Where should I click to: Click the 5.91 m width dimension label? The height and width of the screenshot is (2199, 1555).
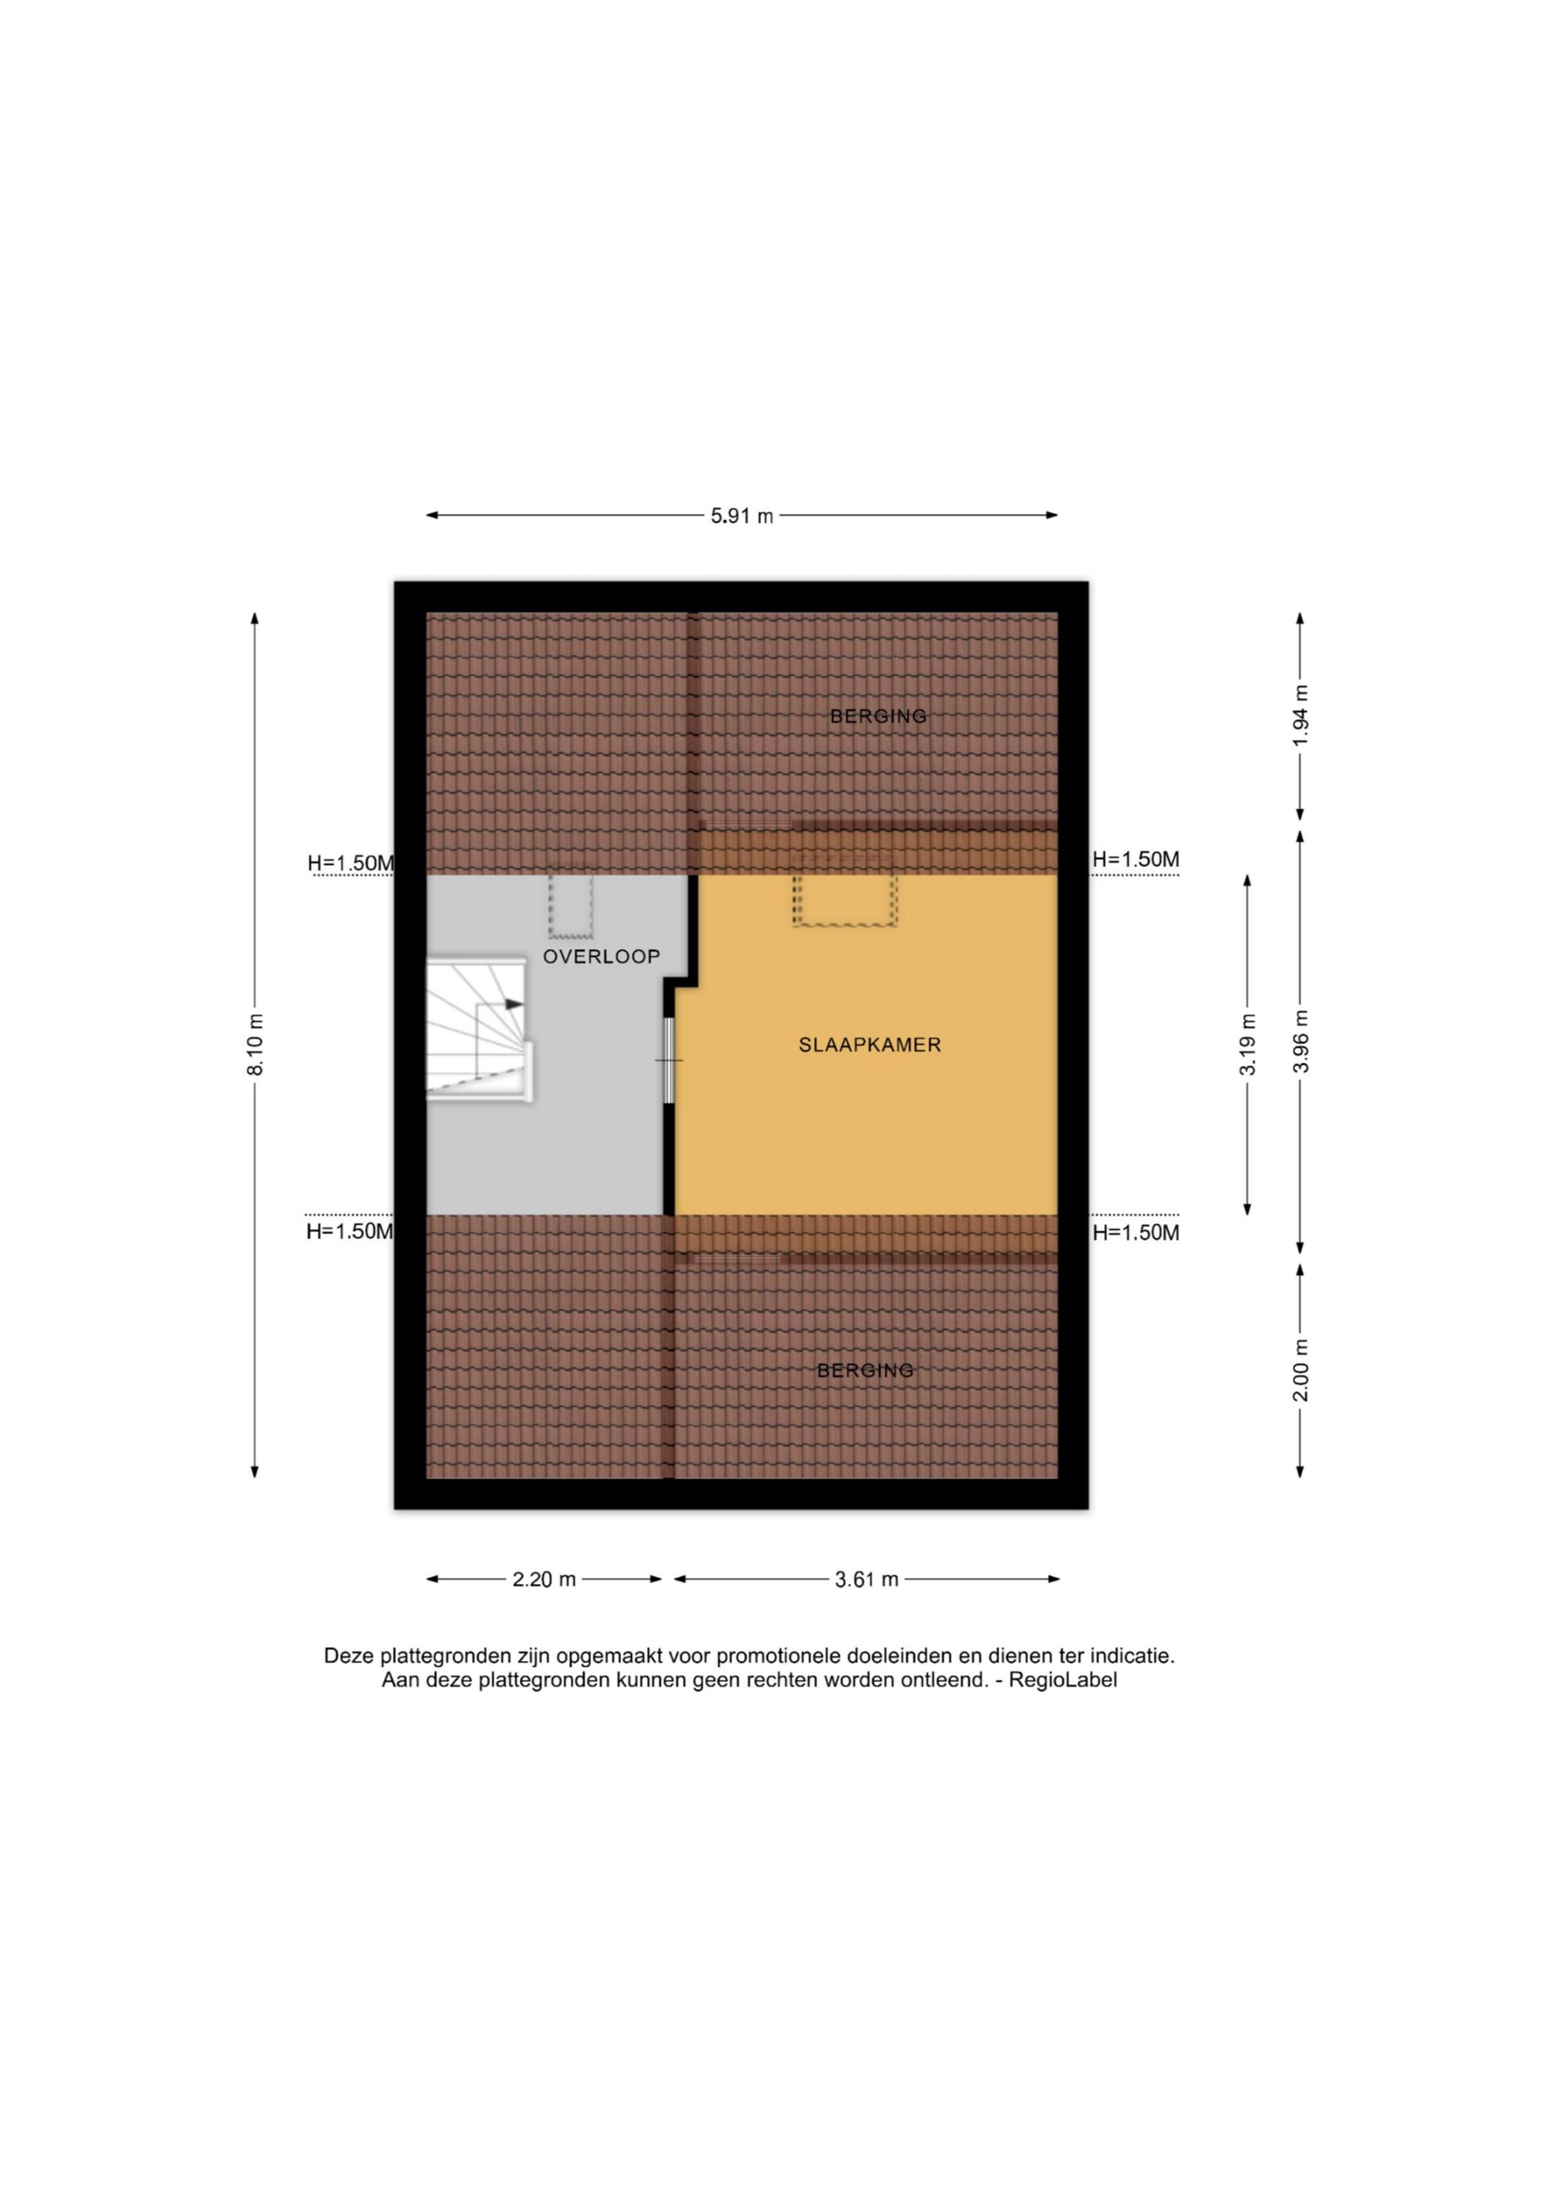click(741, 515)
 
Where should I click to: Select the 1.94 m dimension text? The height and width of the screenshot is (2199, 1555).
click(1299, 717)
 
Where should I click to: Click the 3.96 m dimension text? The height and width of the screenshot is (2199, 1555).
click(1299, 1042)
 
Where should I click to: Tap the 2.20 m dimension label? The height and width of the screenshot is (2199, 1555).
click(544, 1579)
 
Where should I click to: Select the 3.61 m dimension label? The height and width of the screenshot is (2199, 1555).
click(866, 1579)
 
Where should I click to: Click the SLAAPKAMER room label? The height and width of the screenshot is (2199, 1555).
click(869, 1045)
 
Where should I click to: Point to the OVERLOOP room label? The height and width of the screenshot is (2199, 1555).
click(601, 956)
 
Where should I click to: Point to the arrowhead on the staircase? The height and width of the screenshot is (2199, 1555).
click(514, 1004)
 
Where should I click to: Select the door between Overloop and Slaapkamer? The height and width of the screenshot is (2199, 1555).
click(669, 1060)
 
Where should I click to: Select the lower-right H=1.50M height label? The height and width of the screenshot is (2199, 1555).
click(1136, 1233)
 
